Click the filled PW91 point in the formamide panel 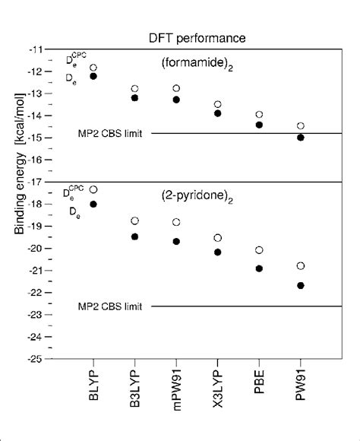[x=301, y=138]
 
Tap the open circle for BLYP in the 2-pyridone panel [x=93, y=189]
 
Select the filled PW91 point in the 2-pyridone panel [x=301, y=285]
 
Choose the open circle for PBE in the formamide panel [x=259, y=114]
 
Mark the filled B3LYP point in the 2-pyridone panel [x=135, y=236]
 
